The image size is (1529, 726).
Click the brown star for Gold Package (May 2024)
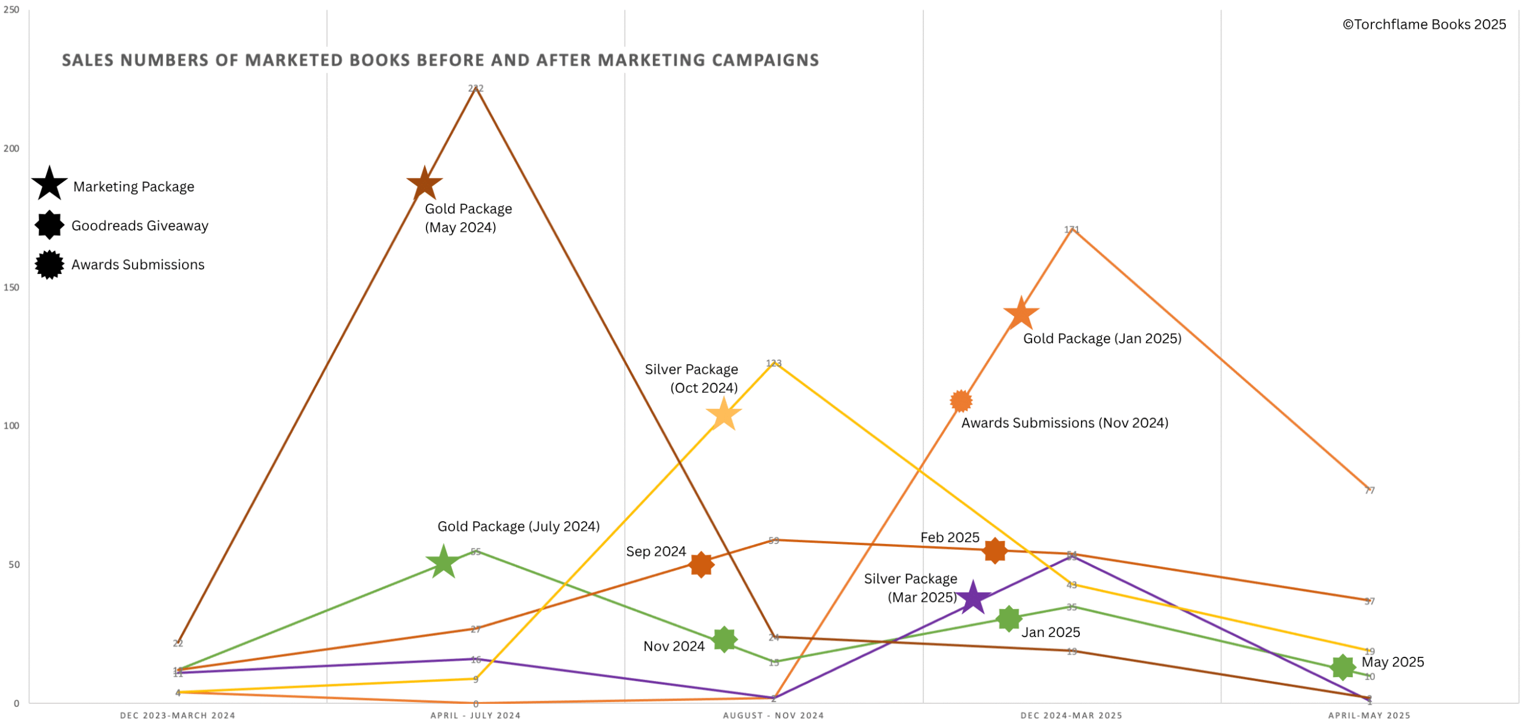pos(424,183)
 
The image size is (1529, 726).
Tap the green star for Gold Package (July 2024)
pos(443,562)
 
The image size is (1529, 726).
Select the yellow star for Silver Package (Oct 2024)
pos(723,414)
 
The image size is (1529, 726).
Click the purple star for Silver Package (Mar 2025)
pos(973,597)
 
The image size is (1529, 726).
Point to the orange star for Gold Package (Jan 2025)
pos(1021,313)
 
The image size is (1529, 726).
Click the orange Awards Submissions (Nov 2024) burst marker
pos(960,401)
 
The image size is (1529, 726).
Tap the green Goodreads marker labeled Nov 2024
pos(724,639)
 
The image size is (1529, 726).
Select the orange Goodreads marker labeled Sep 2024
pos(701,564)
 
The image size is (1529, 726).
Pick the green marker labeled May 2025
pos(1342,667)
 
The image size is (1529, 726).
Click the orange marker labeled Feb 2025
pos(995,550)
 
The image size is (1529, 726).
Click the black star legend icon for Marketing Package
pos(50,184)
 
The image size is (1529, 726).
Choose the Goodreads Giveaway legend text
pos(140,226)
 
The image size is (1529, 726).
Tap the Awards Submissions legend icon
pos(50,264)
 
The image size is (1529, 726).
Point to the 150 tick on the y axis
pos(11,287)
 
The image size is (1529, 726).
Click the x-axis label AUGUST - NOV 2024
pos(773,715)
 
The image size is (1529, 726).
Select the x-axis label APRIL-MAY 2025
pos(1369,715)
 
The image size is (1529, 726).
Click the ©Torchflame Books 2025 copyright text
pos(1424,24)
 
